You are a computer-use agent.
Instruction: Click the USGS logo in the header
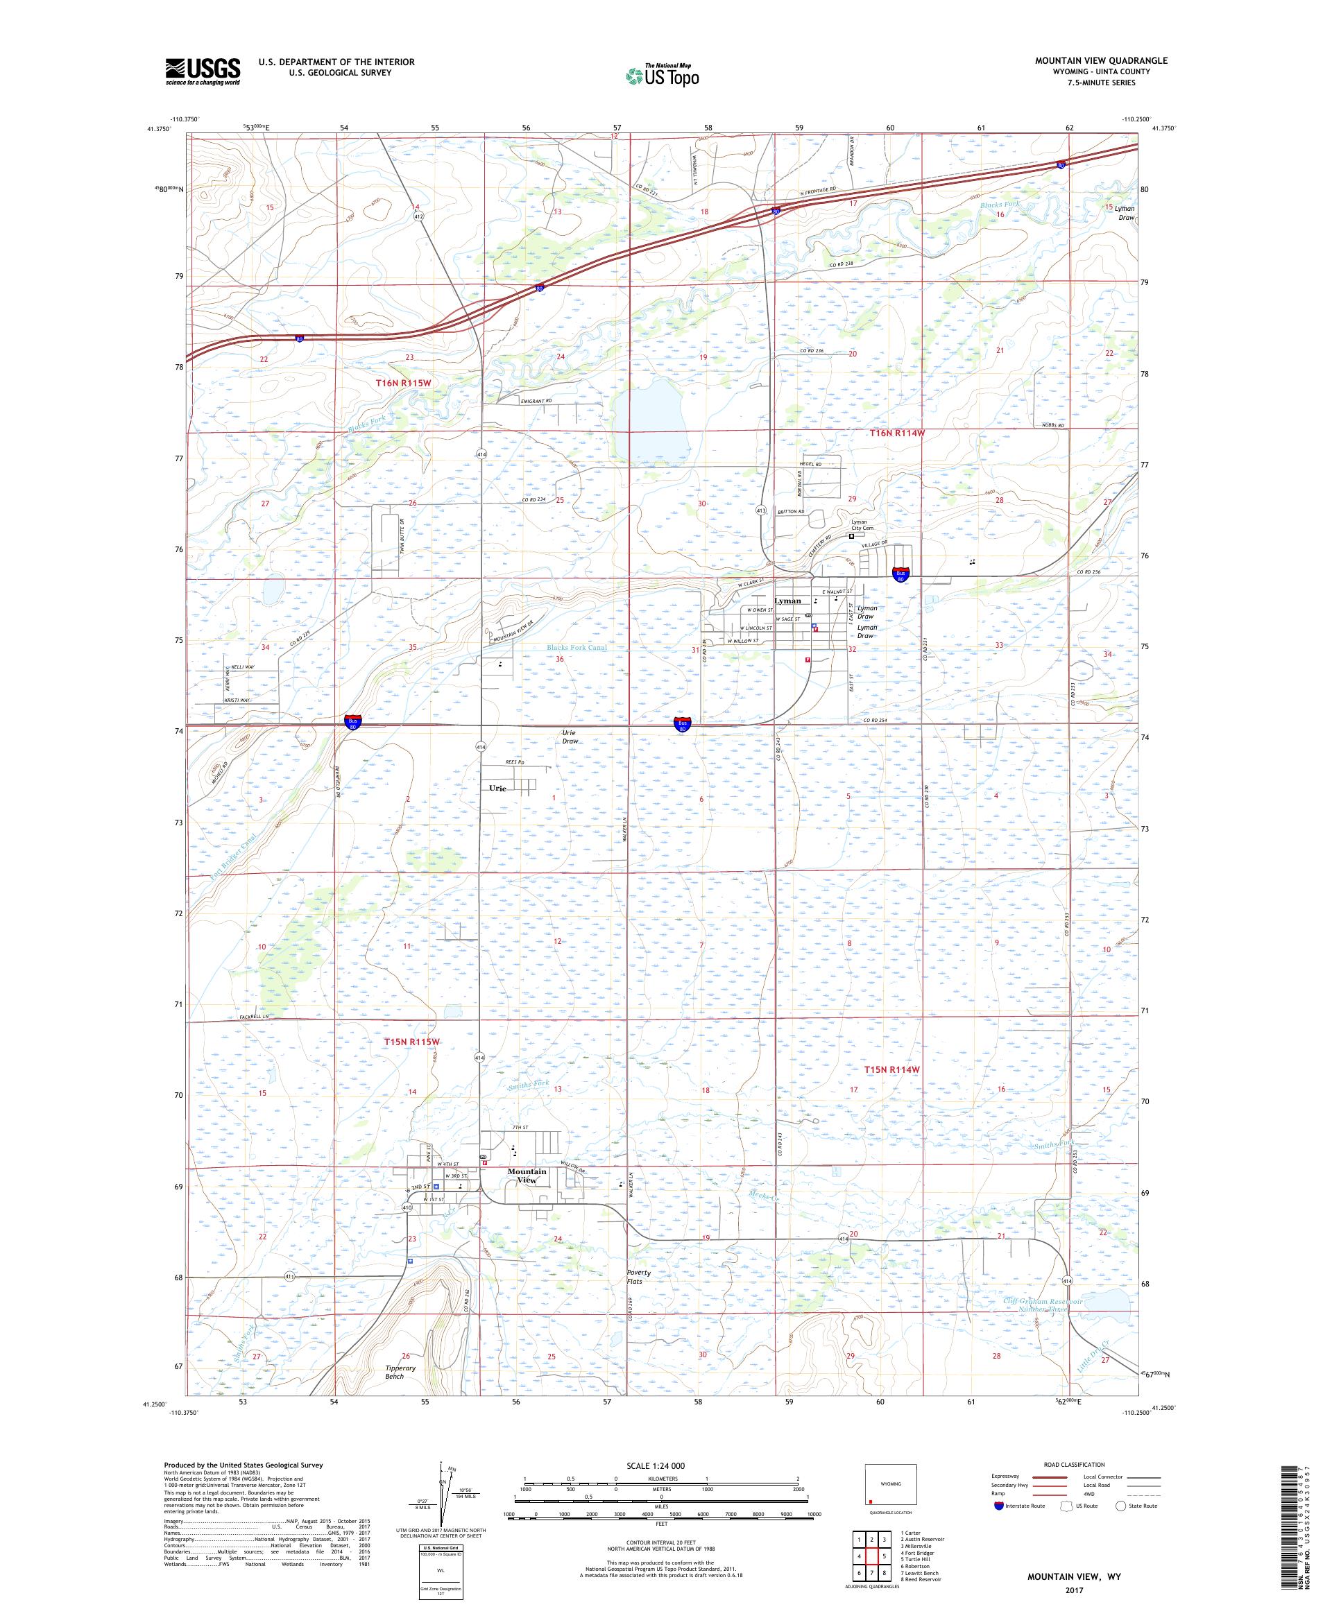pyautogui.click(x=203, y=71)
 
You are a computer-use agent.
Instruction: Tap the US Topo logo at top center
pyautogui.click(x=663, y=75)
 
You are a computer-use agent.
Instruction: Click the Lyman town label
pyautogui.click(x=788, y=601)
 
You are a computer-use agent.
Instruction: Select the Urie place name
pyautogui.click(x=497, y=789)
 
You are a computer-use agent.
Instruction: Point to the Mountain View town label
pyautogui.click(x=527, y=1176)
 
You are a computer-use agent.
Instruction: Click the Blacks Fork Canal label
pyautogui.click(x=577, y=648)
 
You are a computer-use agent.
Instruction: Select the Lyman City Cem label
pyautogui.click(x=862, y=525)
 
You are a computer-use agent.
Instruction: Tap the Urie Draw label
pyautogui.click(x=570, y=737)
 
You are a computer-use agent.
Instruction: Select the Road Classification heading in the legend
pyautogui.click(x=1079, y=1464)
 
